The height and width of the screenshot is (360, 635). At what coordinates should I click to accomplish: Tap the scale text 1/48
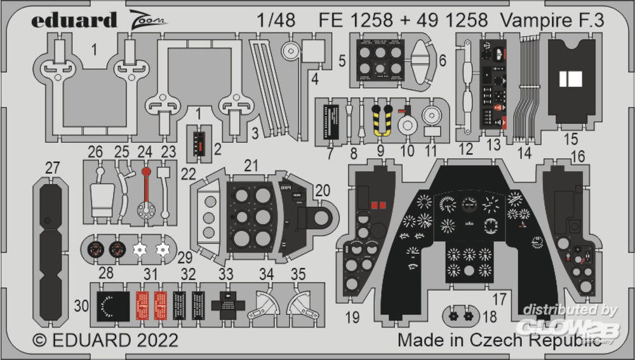click(x=276, y=20)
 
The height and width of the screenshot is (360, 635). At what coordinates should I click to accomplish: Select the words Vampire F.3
click(x=551, y=20)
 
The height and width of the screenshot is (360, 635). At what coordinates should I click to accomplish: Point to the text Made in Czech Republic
click(x=499, y=340)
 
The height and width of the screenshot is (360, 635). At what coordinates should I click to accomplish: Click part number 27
click(x=52, y=168)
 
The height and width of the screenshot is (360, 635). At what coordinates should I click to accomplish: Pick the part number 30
click(x=81, y=305)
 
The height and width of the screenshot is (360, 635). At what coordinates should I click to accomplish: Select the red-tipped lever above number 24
click(x=147, y=190)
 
